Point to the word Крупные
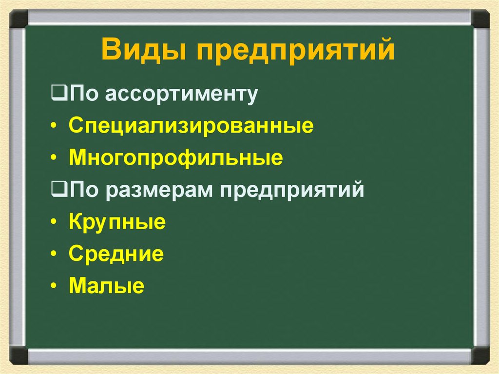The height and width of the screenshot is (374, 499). pyautogui.click(x=117, y=223)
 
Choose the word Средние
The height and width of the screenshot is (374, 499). pyautogui.click(x=116, y=254)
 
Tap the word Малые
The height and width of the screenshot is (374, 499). pyautogui.click(x=106, y=286)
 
